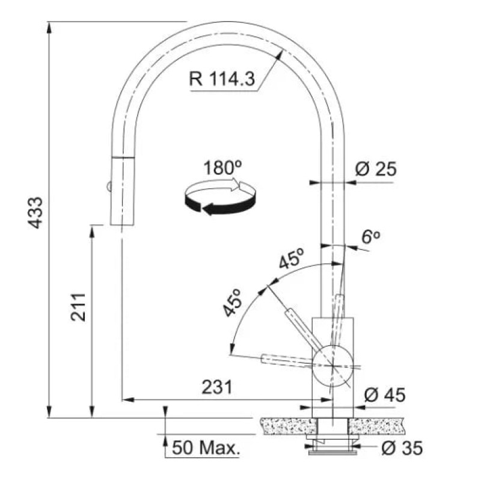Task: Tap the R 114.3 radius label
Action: (x=222, y=79)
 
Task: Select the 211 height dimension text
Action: (x=78, y=307)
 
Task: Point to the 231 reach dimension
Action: (x=217, y=387)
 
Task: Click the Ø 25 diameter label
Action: (x=376, y=169)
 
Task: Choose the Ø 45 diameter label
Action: (x=385, y=394)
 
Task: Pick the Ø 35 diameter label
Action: (x=402, y=448)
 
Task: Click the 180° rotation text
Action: (x=222, y=168)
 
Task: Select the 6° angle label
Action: (x=371, y=237)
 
